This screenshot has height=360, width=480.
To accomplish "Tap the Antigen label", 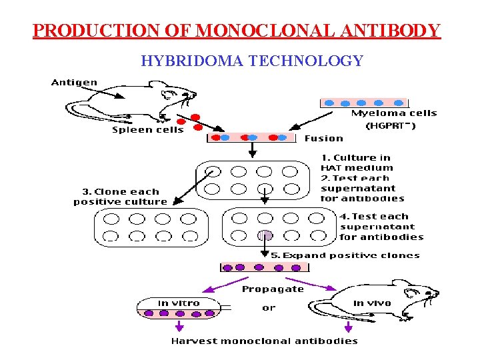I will click(74, 83).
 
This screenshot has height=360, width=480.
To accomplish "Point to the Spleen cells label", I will click(147, 130).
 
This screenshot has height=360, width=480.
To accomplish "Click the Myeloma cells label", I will click(393, 113).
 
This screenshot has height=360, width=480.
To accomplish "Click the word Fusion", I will click(323, 139).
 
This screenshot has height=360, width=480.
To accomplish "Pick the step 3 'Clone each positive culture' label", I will click(121, 197).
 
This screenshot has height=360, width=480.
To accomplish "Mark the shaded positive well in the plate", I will click(265, 235).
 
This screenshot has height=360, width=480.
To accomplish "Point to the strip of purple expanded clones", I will click(265, 267).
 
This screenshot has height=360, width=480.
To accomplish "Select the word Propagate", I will click(273, 289).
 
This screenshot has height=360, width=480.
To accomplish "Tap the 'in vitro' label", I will click(179, 303).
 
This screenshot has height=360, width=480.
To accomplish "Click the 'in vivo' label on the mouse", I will click(372, 303).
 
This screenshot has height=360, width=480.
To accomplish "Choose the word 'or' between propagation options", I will click(269, 308).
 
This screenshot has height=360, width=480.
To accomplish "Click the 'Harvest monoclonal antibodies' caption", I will click(264, 341).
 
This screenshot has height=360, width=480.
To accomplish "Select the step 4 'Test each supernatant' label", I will click(381, 226).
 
